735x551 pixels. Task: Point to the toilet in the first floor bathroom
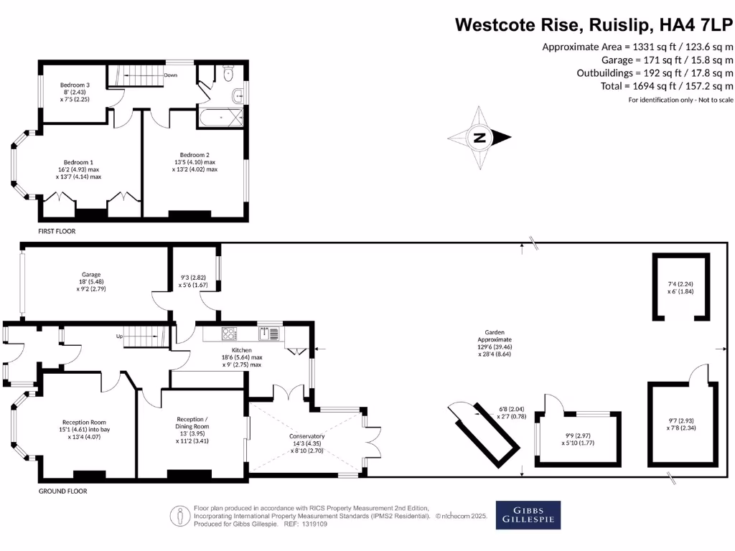[229, 72]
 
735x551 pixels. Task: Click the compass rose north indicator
[479, 138]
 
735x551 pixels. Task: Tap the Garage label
[90, 274]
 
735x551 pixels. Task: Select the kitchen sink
[272, 332]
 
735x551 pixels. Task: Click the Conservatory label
[307, 436]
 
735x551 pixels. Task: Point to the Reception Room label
[84, 422]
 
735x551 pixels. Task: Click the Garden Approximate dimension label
[494, 333]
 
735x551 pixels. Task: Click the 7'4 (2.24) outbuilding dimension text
[680, 284]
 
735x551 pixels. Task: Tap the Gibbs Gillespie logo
[528, 514]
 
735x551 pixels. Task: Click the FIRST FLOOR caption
[57, 232]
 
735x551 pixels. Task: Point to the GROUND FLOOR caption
[63, 491]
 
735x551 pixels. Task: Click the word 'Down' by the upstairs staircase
[171, 75]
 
